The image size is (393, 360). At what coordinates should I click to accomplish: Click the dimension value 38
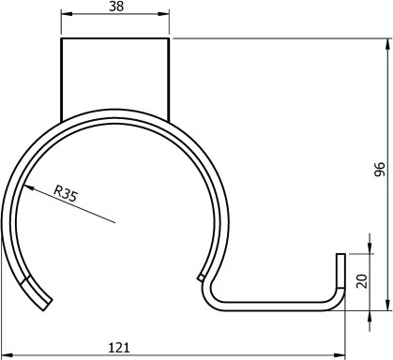tap(116, 7)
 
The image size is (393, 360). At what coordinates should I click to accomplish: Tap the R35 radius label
tap(66, 194)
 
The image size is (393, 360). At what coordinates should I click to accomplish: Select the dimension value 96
tap(380, 169)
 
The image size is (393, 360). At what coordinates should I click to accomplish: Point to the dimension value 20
tap(362, 280)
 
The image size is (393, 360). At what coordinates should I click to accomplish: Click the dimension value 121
tap(119, 348)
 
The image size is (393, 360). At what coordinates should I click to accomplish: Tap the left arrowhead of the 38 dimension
tap(67, 14)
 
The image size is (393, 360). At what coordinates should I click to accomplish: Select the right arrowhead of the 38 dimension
tap(163, 14)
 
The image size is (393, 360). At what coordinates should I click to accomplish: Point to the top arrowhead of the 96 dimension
tap(387, 44)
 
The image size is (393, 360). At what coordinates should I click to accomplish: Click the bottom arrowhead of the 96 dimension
tap(387, 305)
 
